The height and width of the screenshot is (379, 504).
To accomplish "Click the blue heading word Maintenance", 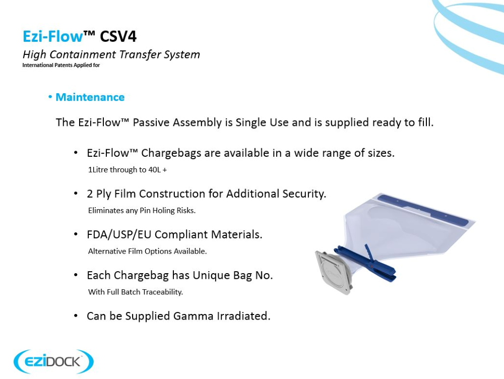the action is coord(90,97).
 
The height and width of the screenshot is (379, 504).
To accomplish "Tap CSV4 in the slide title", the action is coord(118,36).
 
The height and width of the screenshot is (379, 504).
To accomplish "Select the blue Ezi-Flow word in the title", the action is coord(53,36).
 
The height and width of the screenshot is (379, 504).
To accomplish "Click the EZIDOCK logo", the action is coord(54,361).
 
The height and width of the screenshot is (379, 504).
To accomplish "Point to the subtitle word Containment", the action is coord(83,54).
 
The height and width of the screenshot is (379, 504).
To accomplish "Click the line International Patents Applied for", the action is coord(61,65).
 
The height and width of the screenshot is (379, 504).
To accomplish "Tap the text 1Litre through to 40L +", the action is coord(128,170).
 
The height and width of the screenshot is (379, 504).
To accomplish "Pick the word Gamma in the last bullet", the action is coord(193,316).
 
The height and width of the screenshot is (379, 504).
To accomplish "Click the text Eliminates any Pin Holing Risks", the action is coord(142,211).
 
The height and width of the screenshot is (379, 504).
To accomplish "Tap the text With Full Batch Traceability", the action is coord(135,292).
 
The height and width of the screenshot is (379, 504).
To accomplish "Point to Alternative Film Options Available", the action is coord(147,251).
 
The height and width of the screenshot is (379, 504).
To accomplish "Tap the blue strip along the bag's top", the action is coord(423,209).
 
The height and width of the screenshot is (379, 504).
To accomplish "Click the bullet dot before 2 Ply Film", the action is coord(76,194).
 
